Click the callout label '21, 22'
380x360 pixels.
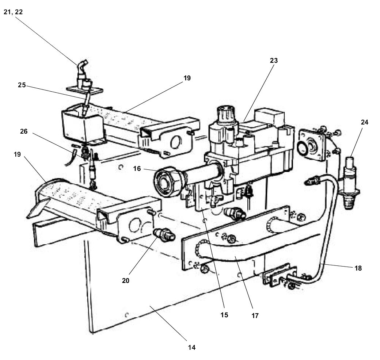13,12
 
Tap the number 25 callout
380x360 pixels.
22,85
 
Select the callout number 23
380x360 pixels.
274,61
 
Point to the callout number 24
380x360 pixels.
365,122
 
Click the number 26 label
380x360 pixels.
24,131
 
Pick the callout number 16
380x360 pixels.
137,169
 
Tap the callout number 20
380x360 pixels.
126,281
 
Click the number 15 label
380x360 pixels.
224,315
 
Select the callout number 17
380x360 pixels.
255,315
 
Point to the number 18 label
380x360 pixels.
358,268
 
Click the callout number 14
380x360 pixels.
192,348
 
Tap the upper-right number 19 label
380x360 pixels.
187,78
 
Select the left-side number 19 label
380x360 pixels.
18,154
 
